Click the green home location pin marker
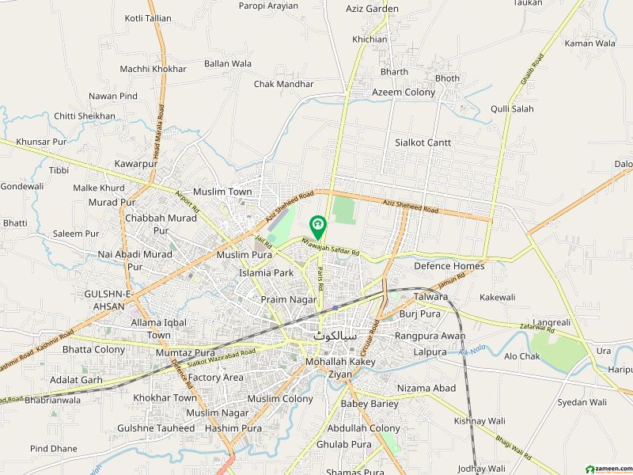[317, 227]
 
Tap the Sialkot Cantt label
[423, 143]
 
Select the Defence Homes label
[449, 266]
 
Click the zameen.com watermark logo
[606, 465]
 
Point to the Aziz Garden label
[373, 9]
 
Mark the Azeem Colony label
[404, 93]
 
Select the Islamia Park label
[266, 272]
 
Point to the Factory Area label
[216, 378]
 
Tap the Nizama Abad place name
[426, 388]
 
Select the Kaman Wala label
[589, 44]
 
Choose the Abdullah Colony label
[363, 428]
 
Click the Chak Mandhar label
[283, 84]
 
